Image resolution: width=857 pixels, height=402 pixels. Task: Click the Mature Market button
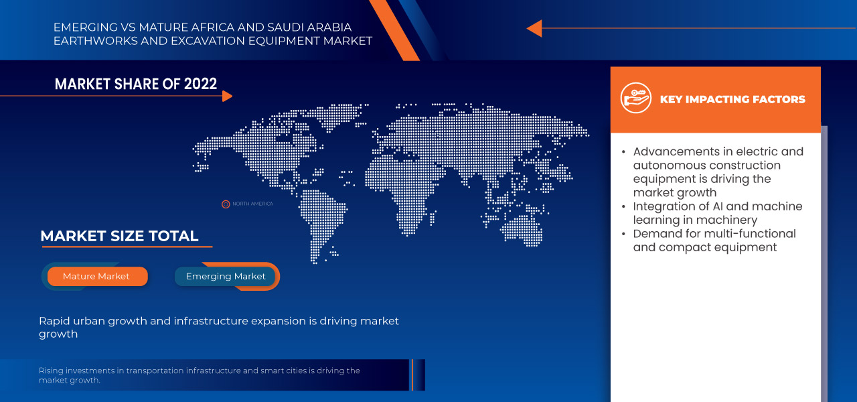(x=96, y=276)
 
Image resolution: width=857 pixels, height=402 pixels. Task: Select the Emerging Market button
(x=226, y=276)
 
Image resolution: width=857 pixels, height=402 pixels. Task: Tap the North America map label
(x=252, y=204)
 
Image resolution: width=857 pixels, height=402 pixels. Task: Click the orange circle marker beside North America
(x=226, y=204)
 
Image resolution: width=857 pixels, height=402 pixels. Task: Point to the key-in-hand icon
(x=635, y=98)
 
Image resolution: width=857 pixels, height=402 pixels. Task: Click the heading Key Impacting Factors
(x=732, y=99)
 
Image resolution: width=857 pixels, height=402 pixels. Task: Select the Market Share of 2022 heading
(x=136, y=84)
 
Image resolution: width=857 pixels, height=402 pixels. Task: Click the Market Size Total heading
(x=119, y=236)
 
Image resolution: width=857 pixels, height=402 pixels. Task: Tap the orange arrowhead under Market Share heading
(x=227, y=96)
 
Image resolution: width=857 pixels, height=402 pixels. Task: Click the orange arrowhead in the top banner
(x=534, y=28)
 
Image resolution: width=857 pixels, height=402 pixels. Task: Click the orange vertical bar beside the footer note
(x=412, y=375)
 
